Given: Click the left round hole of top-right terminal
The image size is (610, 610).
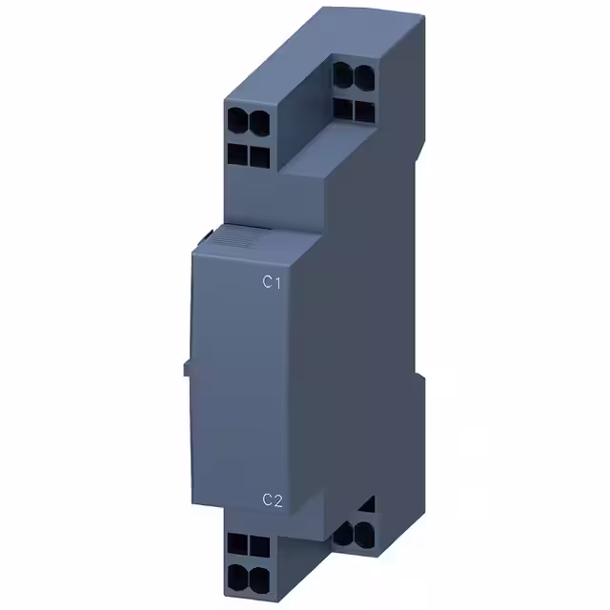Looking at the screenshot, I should pos(344,75).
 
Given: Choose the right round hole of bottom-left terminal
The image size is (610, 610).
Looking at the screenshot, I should pos(254,576).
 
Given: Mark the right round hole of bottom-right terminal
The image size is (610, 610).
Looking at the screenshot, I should pos(362,531).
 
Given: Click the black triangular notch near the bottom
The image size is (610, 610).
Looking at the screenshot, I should pos(370,504).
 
